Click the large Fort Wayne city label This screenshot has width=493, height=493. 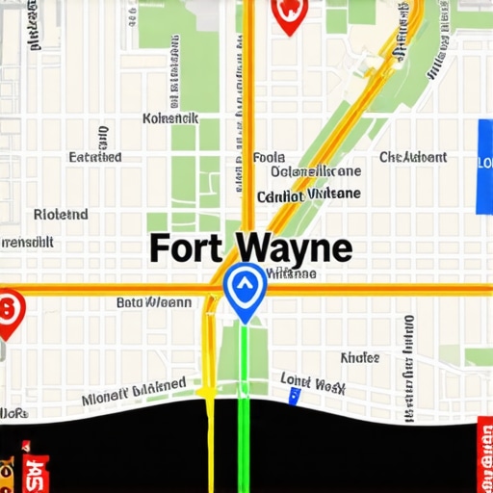[x=250, y=247]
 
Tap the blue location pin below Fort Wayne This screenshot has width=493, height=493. [x=244, y=289]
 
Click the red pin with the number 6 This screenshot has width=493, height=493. [x=9, y=312]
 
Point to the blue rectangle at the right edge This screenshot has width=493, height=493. [x=484, y=167]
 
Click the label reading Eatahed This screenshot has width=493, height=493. [x=95, y=157]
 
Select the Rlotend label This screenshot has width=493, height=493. [x=61, y=214]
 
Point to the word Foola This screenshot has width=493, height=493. [x=268, y=157]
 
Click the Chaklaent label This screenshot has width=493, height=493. [x=413, y=157]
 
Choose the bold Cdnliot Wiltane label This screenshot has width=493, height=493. [x=309, y=195]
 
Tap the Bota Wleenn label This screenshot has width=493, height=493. [x=154, y=302]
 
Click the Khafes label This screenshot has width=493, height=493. [x=359, y=357]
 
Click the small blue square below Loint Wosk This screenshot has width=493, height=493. [x=295, y=396]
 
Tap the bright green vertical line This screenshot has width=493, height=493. [x=244, y=404]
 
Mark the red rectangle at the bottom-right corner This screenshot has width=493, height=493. [x=484, y=454]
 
